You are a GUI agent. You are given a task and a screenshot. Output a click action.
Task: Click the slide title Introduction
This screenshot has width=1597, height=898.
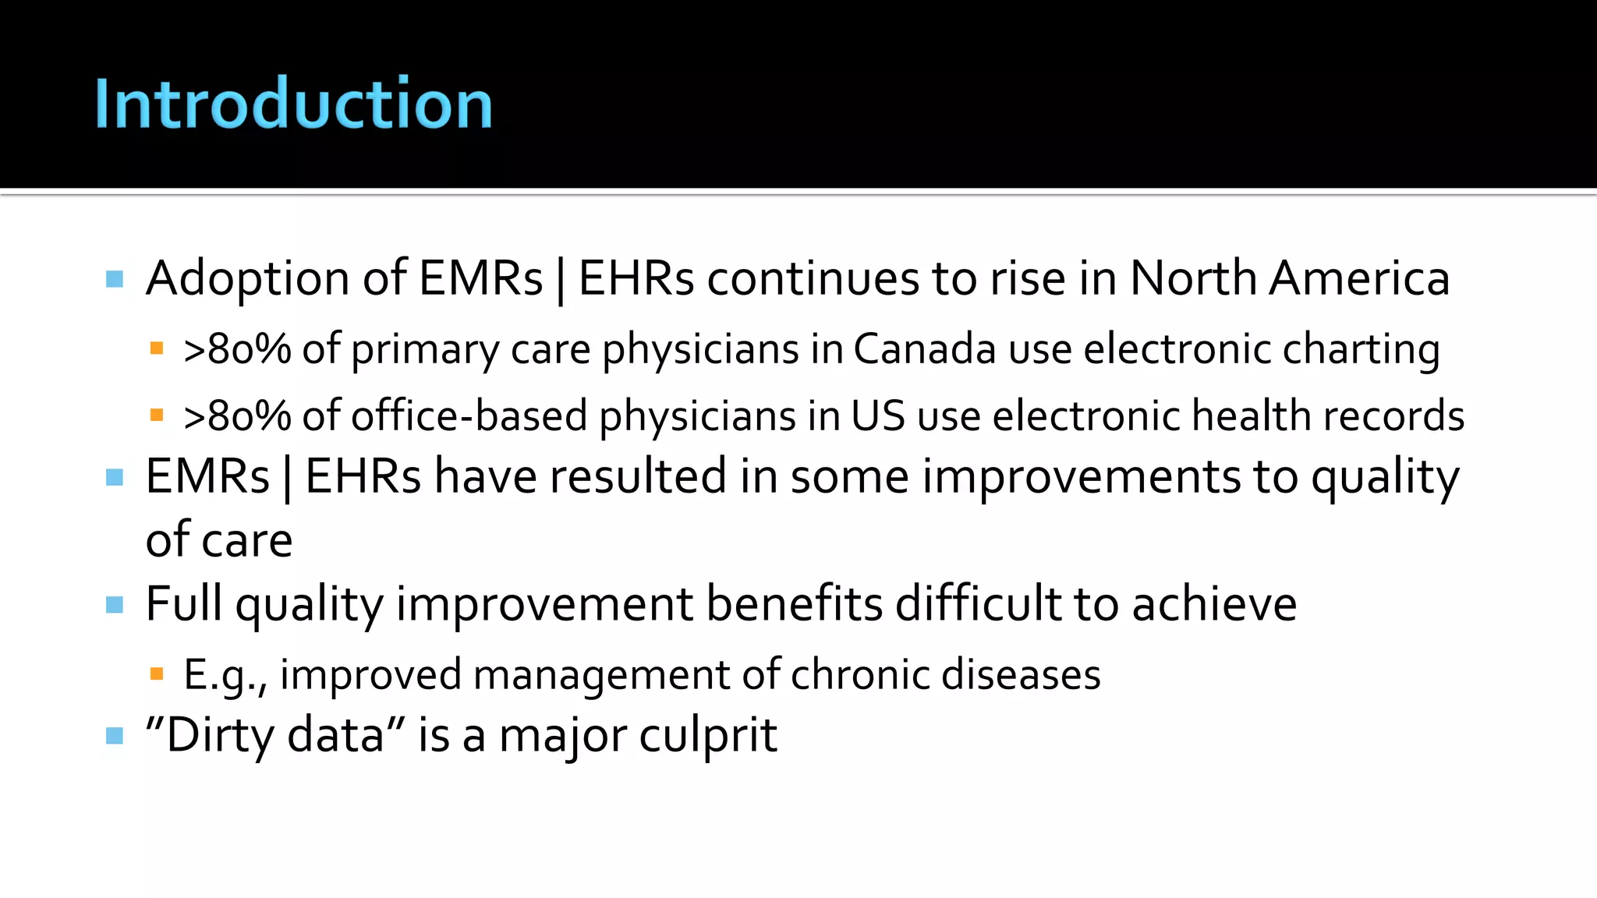click(293, 104)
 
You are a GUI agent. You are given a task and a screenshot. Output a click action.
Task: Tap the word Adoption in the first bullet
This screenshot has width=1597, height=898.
click(247, 278)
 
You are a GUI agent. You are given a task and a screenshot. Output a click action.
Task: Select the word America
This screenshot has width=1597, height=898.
click(1359, 278)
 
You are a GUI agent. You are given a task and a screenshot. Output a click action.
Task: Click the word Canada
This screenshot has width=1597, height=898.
click(924, 348)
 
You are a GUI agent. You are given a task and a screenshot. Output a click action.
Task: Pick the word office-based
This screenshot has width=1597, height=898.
click(469, 415)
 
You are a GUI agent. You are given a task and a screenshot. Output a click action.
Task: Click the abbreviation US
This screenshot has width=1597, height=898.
click(878, 415)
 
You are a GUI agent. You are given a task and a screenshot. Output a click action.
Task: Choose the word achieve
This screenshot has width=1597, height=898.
click(1214, 603)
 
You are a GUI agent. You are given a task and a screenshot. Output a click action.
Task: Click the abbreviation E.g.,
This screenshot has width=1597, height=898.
click(225, 675)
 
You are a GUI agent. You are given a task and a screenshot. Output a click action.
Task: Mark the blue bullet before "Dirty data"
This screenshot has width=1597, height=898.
click(115, 735)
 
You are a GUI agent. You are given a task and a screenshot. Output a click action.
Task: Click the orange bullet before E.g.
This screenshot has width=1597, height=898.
click(157, 673)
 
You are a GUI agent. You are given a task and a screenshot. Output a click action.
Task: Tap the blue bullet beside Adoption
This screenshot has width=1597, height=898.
click(115, 279)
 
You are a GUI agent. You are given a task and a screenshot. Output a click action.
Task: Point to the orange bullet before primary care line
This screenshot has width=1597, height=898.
click(157, 348)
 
